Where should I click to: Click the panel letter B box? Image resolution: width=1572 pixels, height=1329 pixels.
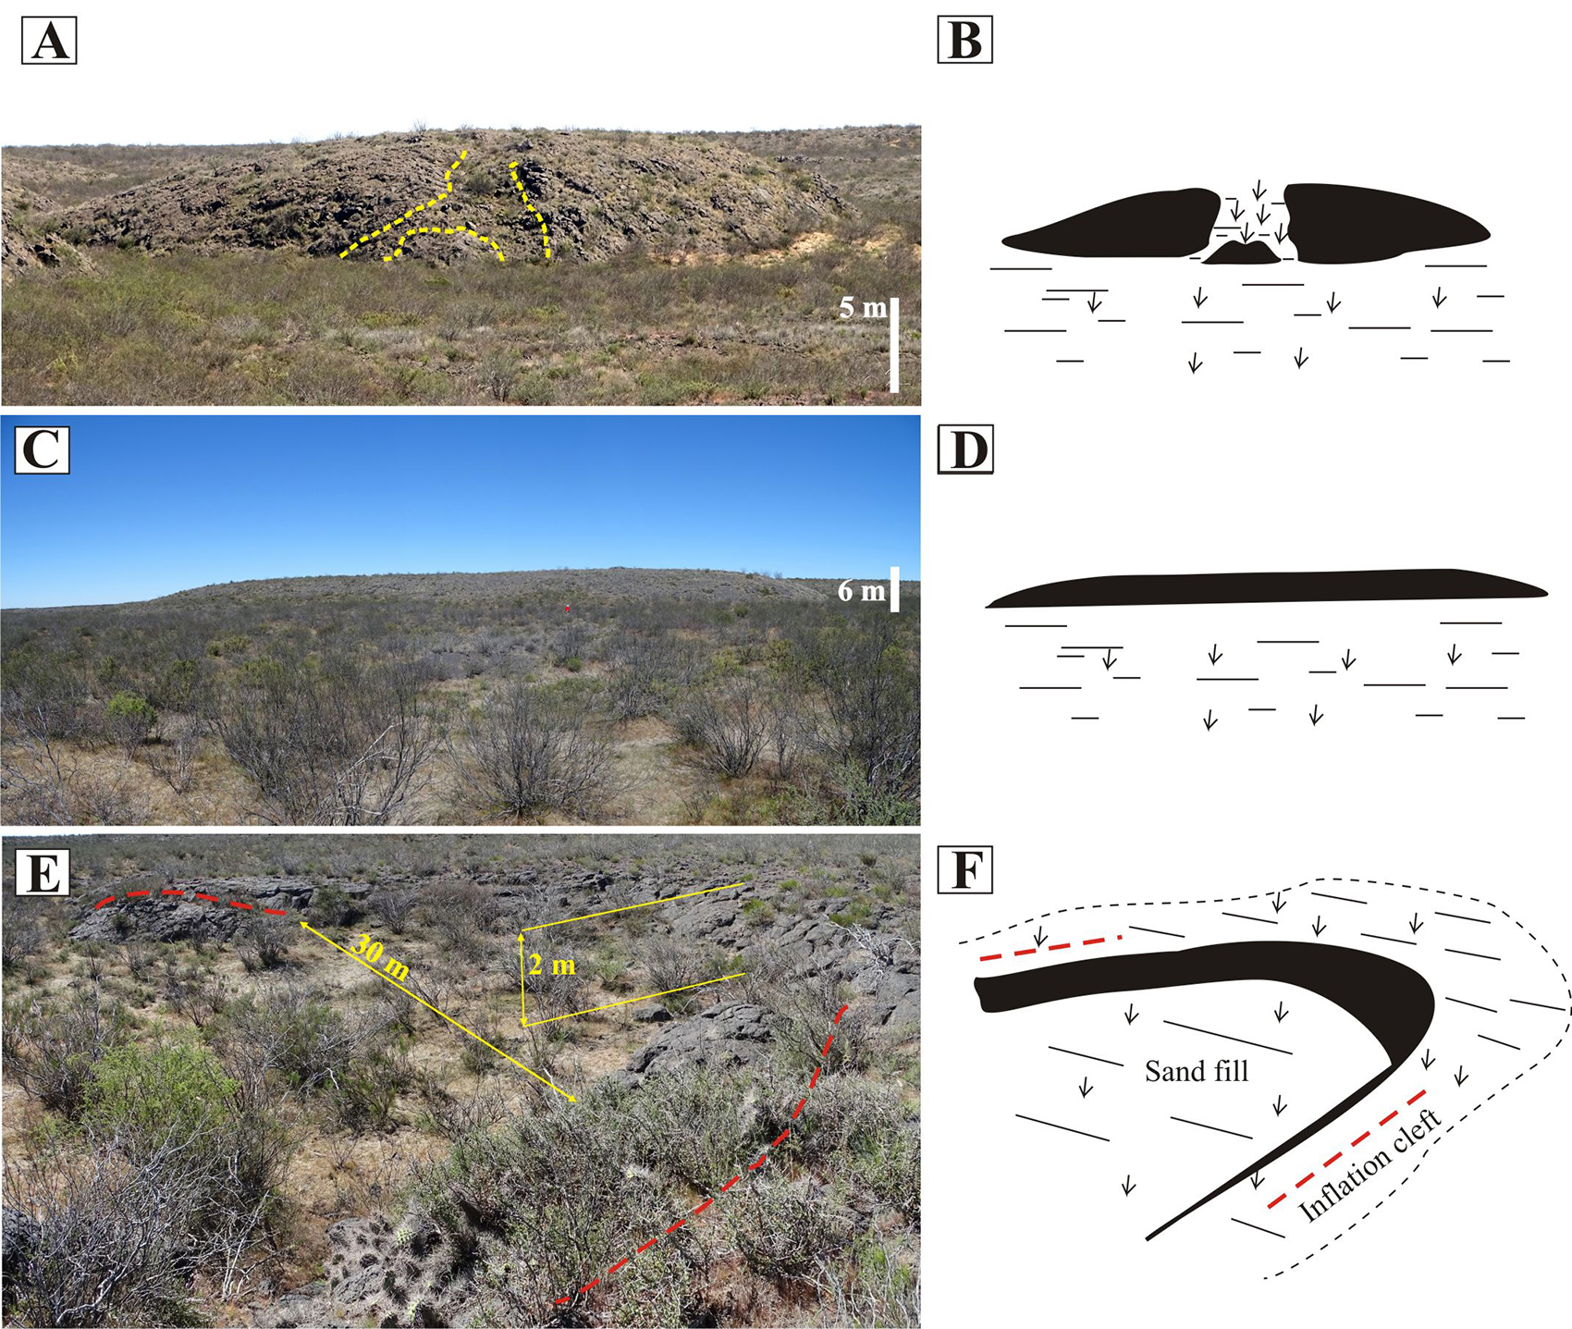click(x=964, y=42)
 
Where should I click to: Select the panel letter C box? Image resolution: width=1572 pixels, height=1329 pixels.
click(x=42, y=450)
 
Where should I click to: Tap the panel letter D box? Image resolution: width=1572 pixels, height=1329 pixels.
click(x=964, y=450)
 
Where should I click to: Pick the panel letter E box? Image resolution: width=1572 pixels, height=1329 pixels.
click(x=42, y=871)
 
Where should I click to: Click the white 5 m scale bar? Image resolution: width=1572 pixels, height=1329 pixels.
click(x=894, y=344)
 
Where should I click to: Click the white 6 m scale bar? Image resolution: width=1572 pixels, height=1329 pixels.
click(x=894, y=589)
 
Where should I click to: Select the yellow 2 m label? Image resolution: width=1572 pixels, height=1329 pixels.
click(x=552, y=966)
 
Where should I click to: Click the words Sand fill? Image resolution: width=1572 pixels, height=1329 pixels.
click(x=1197, y=1071)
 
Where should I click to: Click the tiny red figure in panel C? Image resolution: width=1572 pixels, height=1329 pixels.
click(x=567, y=608)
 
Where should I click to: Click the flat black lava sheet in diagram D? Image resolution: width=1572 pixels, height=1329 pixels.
click(x=1267, y=588)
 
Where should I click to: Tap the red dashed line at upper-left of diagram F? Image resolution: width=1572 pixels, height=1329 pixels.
click(x=1050, y=948)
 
